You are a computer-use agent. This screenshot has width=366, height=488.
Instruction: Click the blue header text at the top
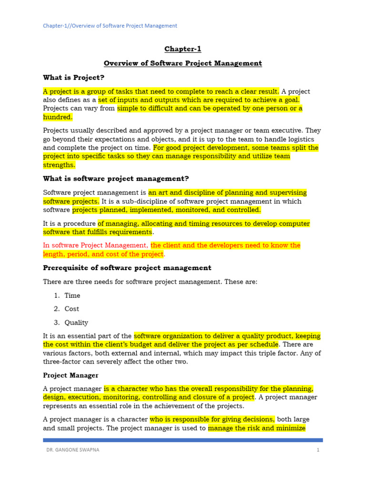[110, 26]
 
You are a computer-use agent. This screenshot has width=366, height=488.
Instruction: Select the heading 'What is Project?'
[73, 77]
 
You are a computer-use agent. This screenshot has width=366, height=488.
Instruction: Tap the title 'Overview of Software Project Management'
[183, 63]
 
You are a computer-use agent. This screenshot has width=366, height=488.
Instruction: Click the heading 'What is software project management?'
[116, 179]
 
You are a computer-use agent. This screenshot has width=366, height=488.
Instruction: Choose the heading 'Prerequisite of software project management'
[127, 268]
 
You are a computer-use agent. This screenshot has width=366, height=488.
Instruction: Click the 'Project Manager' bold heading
[71, 376]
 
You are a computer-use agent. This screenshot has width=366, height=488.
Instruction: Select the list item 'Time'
[72, 295]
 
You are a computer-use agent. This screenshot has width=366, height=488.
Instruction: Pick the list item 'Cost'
[72, 309]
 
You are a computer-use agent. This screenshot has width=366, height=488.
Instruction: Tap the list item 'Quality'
[76, 322]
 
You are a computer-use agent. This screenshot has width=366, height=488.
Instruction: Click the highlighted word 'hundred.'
[58, 117]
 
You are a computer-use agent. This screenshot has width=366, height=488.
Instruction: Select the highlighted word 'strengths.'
[59, 165]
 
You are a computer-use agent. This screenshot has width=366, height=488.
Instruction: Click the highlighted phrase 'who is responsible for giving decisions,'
[212, 419]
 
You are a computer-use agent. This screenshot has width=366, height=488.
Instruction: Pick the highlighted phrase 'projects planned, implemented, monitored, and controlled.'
[167, 210]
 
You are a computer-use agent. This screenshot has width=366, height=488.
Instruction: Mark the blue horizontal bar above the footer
[183, 440]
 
